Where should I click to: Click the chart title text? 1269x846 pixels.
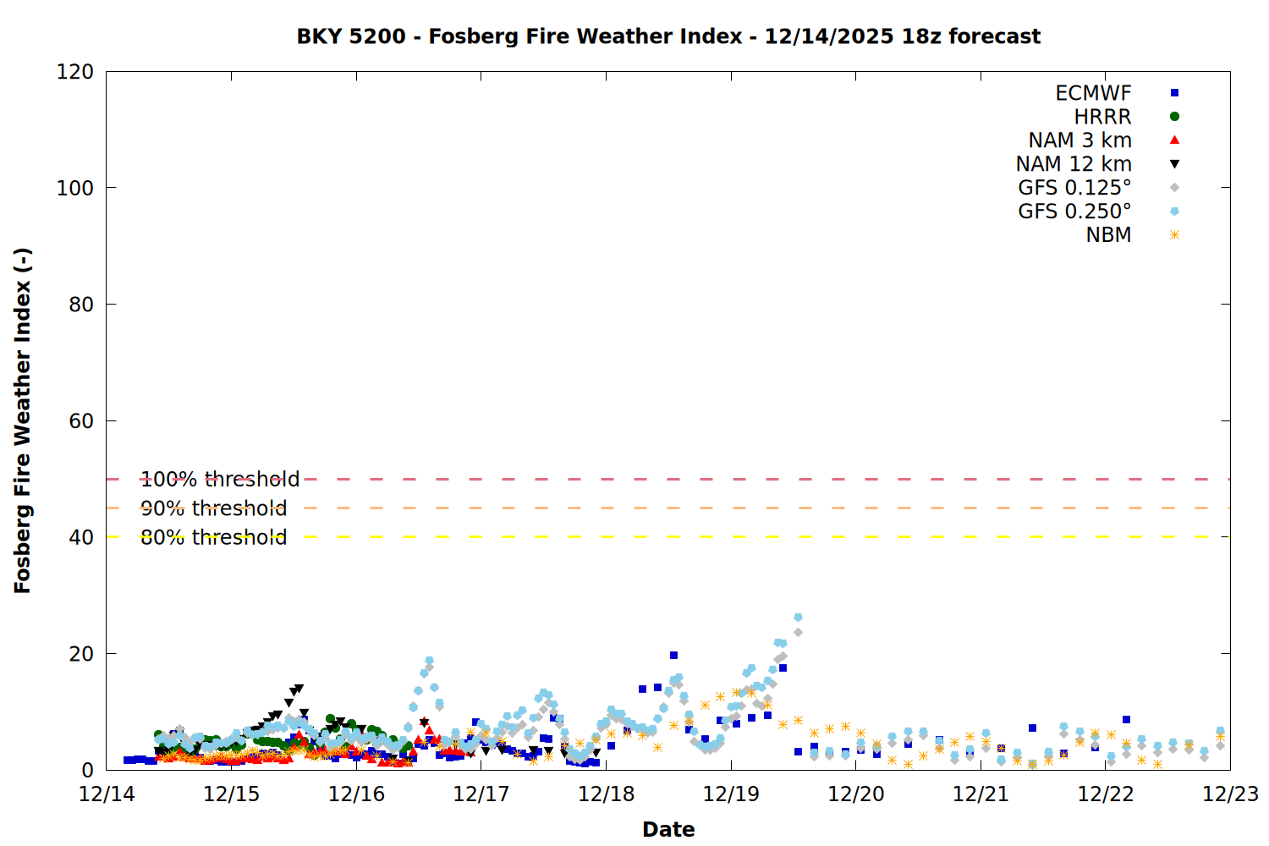pos(668,36)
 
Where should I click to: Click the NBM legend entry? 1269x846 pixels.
pos(1108,235)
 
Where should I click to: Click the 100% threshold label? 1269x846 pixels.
pos(220,480)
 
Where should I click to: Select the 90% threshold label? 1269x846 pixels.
pos(213,508)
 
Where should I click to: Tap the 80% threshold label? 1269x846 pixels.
pos(213,537)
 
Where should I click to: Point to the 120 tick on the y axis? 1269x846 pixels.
pos(75,72)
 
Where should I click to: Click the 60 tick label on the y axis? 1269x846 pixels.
pos(81,421)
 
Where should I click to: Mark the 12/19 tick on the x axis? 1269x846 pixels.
pos(731,794)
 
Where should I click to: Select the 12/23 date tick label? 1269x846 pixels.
pos(1230,794)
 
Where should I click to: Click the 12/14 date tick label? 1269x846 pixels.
pos(107,794)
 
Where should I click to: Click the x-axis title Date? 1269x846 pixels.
pos(668,829)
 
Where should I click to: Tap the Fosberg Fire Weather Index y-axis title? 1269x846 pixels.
pos(23,420)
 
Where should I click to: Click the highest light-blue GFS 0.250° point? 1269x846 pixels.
pos(798,618)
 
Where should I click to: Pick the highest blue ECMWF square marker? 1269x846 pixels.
pos(673,656)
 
